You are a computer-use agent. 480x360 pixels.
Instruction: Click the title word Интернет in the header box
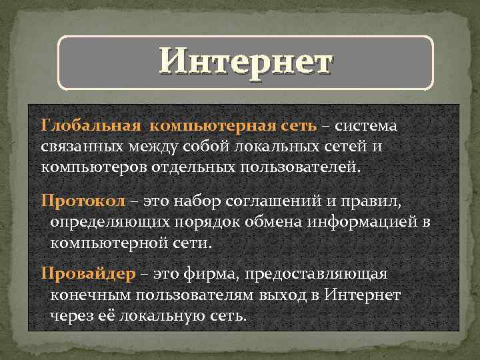[x=245, y=63]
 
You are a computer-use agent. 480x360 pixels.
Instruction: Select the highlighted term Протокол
[x=78, y=201]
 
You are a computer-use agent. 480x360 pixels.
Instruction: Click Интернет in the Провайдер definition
[x=363, y=295]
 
